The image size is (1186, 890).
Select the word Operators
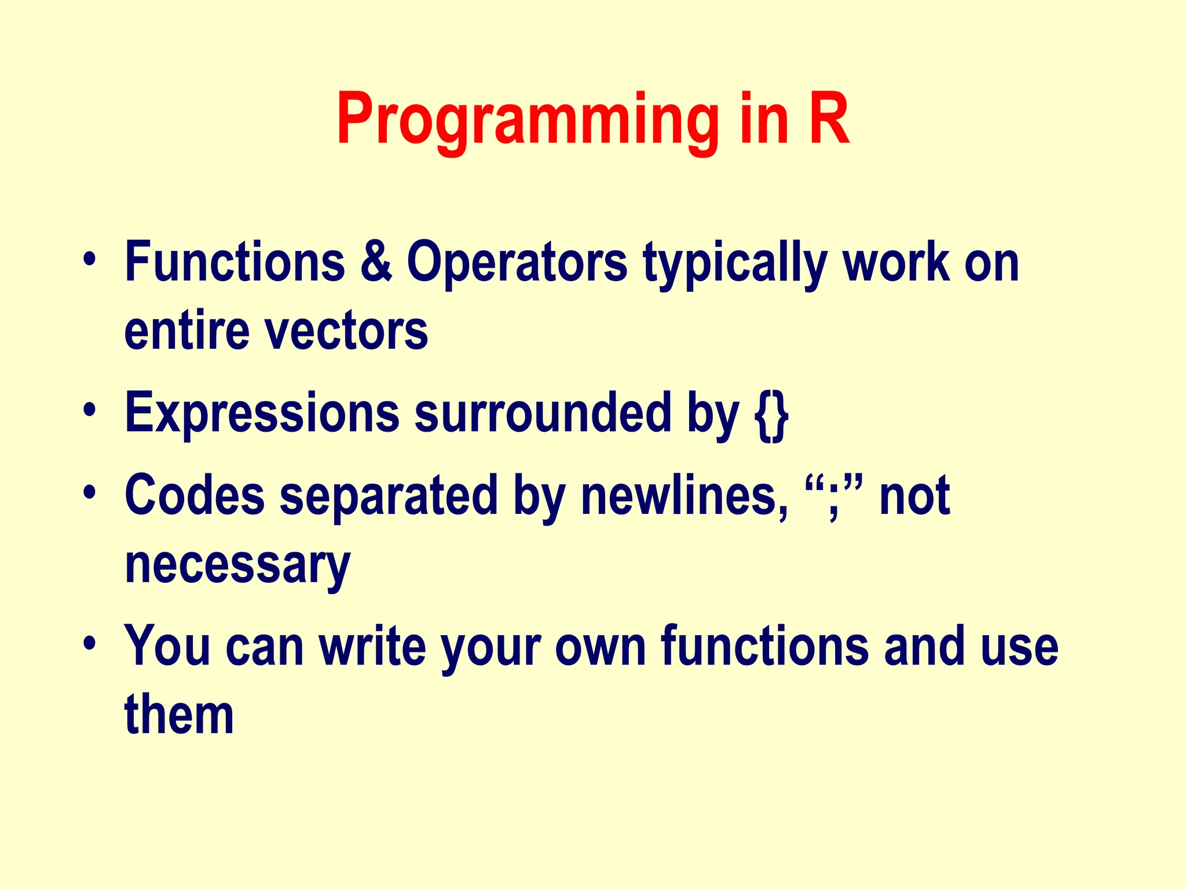[517, 262]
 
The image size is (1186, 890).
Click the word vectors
[346, 331]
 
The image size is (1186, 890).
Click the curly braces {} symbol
[771, 414]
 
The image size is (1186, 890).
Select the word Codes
[195, 495]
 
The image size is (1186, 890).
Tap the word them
[179, 715]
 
